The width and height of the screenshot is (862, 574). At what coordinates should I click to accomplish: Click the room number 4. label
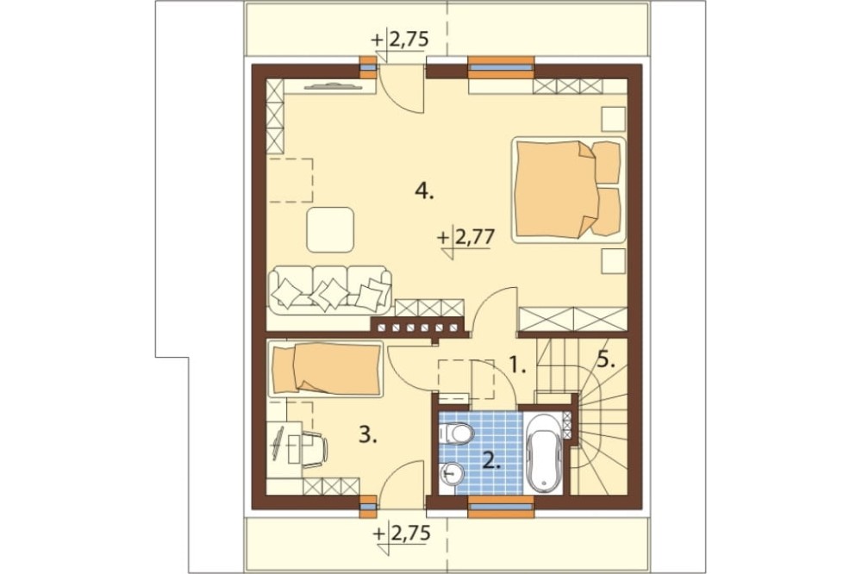pos(424,191)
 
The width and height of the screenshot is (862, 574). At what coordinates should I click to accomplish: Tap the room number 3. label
pos(368,435)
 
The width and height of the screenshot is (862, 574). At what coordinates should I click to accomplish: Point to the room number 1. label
pos(516,365)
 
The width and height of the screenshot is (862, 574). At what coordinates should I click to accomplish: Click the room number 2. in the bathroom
pos(491,459)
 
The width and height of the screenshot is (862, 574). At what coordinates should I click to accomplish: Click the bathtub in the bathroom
pos(543,452)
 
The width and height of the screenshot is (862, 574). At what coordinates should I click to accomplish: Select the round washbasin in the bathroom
pos(453,472)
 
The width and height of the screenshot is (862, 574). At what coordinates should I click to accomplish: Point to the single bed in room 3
pos(326,369)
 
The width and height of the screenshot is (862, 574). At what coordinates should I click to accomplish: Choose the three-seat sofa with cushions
pos(330,290)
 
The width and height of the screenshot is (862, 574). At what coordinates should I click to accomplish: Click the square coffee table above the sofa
pos(330,229)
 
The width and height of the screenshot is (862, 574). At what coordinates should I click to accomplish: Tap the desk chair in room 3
pos(314,449)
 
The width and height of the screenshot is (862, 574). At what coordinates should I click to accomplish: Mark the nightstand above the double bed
pos(613,119)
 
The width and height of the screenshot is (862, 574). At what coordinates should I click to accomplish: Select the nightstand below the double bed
pos(613,260)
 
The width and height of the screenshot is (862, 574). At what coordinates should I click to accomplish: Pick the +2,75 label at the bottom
pos(401,533)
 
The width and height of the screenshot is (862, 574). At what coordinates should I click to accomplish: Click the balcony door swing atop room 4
pos(402,90)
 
